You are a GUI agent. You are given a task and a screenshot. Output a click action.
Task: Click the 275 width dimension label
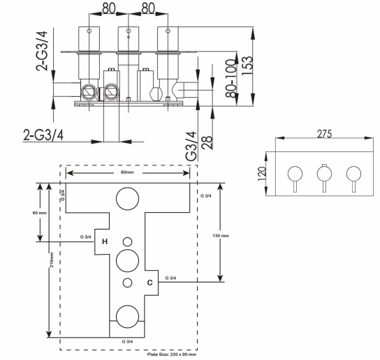324,134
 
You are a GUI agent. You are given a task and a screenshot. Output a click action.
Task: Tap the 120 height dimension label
261,174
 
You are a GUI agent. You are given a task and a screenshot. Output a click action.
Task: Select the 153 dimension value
247,66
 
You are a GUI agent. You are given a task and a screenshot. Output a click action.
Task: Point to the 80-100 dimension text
231,78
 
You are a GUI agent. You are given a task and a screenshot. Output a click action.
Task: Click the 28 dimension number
207,143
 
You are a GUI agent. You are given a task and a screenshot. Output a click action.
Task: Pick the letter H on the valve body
105,241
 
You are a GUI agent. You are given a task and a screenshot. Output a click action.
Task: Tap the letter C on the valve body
150,283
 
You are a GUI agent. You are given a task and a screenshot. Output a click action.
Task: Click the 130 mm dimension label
221,236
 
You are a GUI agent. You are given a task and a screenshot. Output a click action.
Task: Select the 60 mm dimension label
40,213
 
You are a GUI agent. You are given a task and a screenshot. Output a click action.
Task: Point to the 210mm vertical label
52,260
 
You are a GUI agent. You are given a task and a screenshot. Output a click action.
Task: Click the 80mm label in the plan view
127,172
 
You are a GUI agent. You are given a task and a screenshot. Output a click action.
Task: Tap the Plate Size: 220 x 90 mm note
172,354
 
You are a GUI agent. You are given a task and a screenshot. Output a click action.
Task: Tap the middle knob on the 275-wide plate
324,174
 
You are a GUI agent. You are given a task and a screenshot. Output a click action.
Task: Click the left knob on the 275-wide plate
295,174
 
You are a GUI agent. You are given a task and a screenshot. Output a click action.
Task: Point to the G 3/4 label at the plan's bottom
127,342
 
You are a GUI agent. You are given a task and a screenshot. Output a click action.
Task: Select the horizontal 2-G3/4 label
43,135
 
